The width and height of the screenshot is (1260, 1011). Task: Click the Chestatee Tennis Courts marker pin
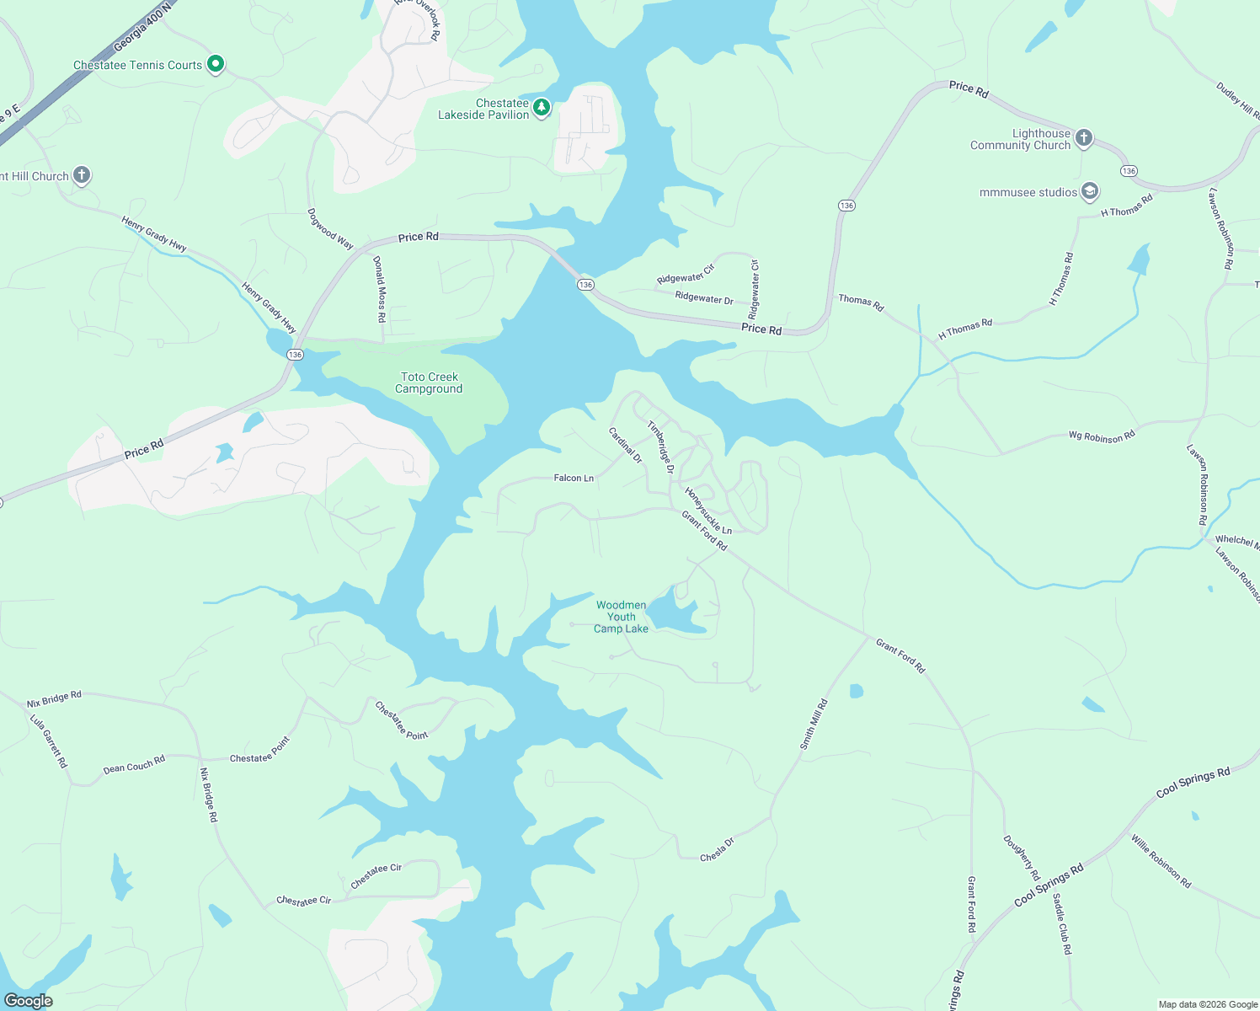(x=216, y=63)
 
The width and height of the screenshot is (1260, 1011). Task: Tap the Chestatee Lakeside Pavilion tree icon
(x=542, y=107)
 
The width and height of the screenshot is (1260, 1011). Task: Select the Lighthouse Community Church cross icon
(x=1084, y=137)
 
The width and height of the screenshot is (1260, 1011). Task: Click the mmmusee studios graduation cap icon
(x=1090, y=191)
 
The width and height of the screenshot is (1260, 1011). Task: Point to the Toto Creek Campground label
(x=430, y=383)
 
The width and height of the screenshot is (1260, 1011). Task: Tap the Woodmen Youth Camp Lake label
(x=622, y=617)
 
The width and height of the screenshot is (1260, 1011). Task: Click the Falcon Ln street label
(x=574, y=478)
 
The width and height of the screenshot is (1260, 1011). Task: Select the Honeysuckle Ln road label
(x=708, y=511)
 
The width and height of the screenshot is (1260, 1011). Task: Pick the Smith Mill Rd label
(x=814, y=725)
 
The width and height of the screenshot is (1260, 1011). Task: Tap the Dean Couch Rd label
(x=134, y=765)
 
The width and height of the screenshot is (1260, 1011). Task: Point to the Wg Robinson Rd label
(x=1102, y=436)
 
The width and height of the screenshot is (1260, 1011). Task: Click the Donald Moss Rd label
(x=380, y=290)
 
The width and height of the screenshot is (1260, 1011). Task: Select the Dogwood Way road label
(x=330, y=228)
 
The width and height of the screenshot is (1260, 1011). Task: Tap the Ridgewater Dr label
(x=704, y=297)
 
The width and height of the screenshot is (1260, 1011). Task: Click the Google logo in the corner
(x=29, y=1001)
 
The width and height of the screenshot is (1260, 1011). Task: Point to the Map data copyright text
(x=1207, y=1004)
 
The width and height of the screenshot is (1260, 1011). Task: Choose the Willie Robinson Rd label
(x=1161, y=861)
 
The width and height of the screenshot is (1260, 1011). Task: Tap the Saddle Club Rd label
(x=1062, y=924)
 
